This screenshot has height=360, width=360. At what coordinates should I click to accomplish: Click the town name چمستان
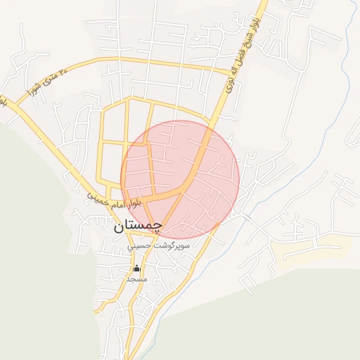pyautogui.click(x=138, y=226)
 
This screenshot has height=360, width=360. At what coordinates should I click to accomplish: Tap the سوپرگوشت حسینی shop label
pyautogui.click(x=159, y=247)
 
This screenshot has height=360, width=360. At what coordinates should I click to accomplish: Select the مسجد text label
pyautogui.click(x=136, y=279)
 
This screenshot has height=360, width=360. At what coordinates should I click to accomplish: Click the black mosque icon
pyautogui.click(x=136, y=269)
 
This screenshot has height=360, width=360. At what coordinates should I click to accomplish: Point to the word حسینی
pyautogui.click(x=139, y=247)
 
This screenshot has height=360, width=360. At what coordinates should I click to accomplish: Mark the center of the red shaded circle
pyautogui.click(x=180, y=180)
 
